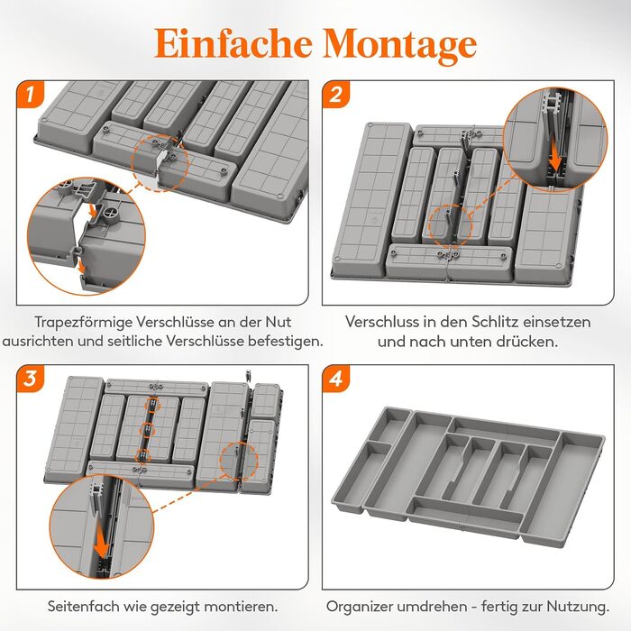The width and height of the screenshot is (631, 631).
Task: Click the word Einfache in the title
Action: coord(233,43)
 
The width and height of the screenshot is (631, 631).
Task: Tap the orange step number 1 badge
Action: coord(31,95)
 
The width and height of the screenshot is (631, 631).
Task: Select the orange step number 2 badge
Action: coord(336,95)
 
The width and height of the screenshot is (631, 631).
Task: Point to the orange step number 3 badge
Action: coord(31,379)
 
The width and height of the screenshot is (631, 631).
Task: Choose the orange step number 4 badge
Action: coord(336,379)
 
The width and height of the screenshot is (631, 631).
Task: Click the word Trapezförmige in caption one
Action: coord(83,323)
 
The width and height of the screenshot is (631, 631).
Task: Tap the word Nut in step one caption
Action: coord(278,322)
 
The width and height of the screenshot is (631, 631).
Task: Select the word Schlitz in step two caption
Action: coord(498,322)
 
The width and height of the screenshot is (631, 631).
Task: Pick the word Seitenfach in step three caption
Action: coord(83,606)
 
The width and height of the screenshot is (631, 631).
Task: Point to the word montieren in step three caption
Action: coord(242,606)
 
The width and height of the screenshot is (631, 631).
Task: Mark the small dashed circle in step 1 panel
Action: coord(160,163)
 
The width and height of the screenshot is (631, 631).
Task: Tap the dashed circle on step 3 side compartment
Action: coord(239,462)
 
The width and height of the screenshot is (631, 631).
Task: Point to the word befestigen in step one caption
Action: coord(286,342)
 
